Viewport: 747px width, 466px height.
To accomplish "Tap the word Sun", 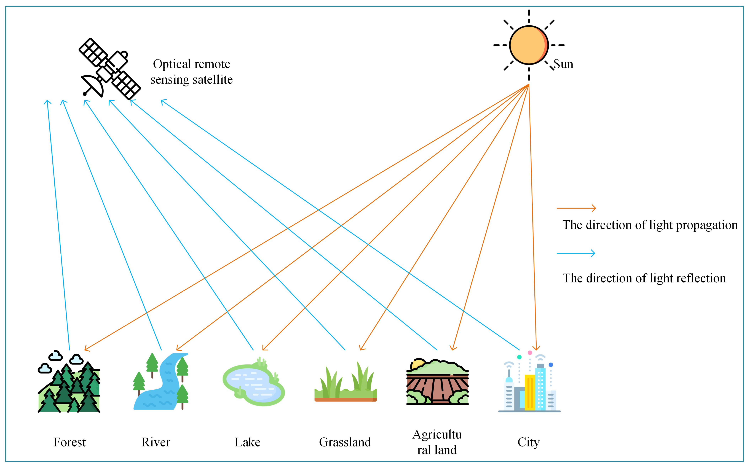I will tap(563, 64).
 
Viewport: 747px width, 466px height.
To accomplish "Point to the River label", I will tap(156, 442).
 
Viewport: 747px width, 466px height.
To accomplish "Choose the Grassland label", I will tap(345, 442).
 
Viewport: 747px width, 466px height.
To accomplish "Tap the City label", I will tap(528, 442).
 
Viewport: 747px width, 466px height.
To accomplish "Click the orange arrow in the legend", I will tap(576, 208).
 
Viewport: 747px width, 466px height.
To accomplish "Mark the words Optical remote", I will tap(191, 64).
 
